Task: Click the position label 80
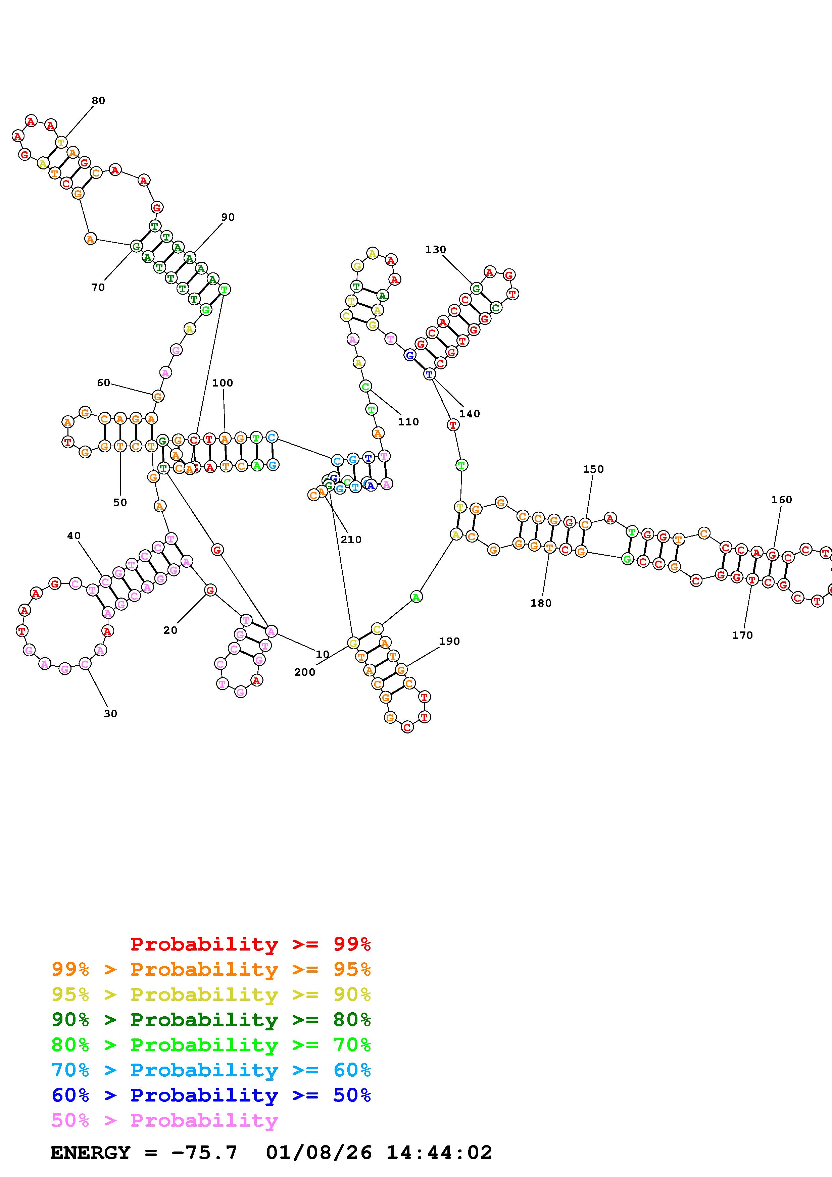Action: (x=98, y=100)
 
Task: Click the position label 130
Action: (x=435, y=250)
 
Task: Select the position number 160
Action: (x=781, y=500)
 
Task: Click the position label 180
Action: (x=541, y=603)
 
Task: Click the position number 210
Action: (x=351, y=540)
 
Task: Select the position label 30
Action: (x=110, y=714)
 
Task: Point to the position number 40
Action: (x=74, y=536)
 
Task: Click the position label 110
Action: (x=408, y=422)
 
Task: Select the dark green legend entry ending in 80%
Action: (x=211, y=1020)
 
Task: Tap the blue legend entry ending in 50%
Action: (x=211, y=1095)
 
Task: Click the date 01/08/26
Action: (x=319, y=1153)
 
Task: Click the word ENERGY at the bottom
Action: (x=90, y=1153)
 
